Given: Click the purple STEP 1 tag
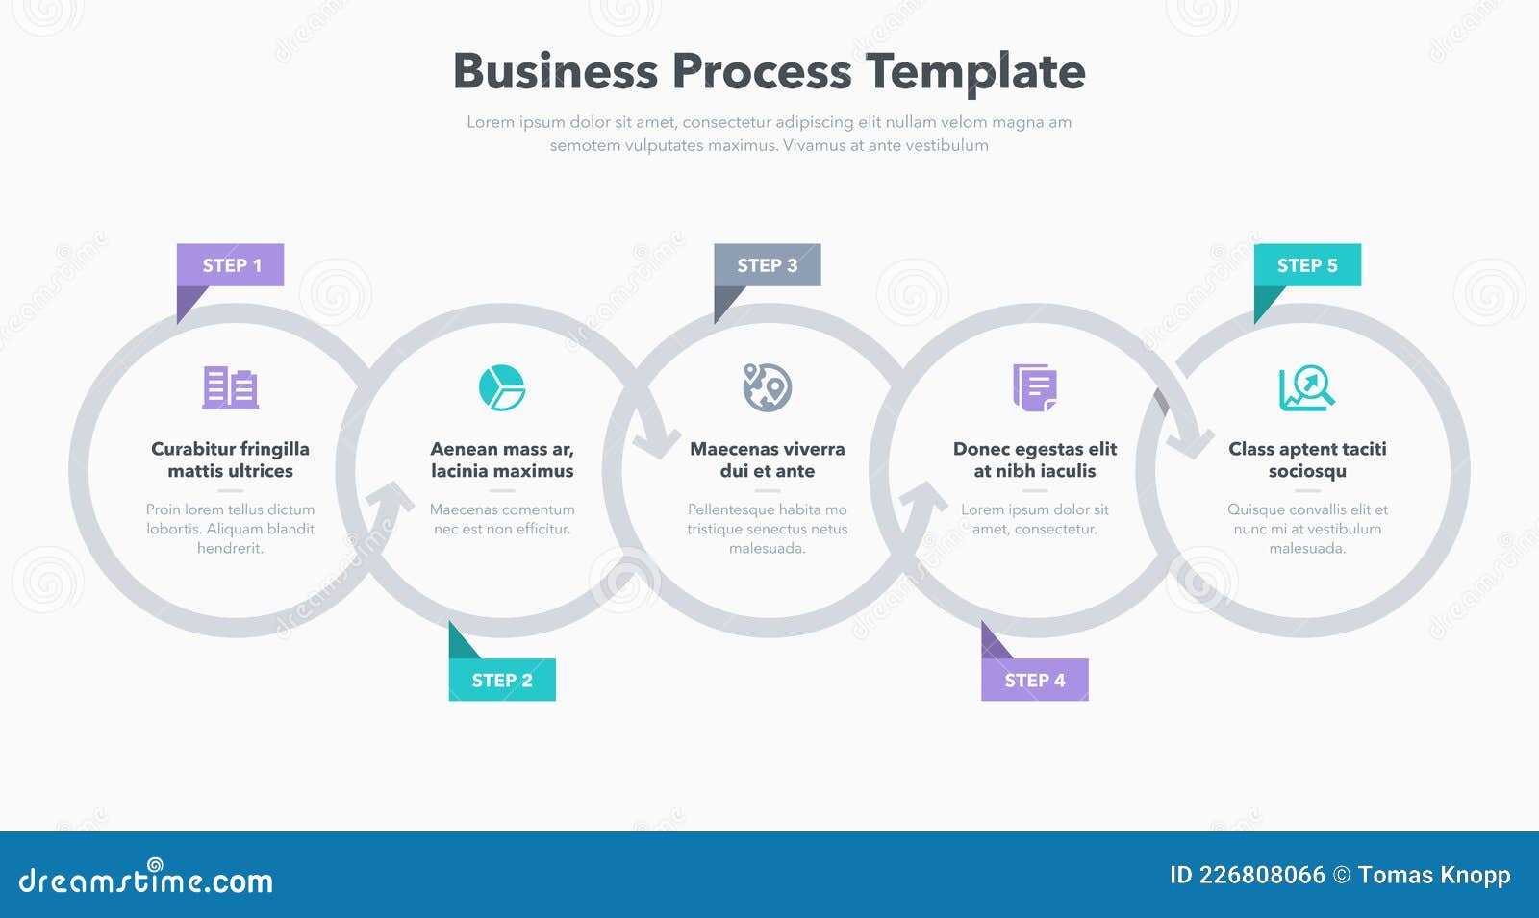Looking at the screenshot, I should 231,265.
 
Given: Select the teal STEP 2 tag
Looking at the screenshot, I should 502,680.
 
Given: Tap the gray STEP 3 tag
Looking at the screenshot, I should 768,265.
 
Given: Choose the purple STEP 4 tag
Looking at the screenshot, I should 1035,680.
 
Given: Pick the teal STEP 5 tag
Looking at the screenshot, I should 1307,265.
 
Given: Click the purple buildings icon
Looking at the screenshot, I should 230,388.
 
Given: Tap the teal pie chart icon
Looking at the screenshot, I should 502,387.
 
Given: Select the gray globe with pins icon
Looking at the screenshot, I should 767,387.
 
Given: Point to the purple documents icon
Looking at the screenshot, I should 1035,387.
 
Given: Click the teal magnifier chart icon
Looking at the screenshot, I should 1306,388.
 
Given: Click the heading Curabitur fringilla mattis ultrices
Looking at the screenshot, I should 230,459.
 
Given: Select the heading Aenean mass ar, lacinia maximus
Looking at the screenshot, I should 502,459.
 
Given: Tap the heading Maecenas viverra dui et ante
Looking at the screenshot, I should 768,459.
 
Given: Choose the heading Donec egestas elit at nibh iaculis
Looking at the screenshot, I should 1035,459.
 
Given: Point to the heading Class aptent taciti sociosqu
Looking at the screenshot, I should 1307,459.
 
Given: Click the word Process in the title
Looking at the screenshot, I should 761,71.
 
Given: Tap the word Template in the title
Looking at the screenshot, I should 975,71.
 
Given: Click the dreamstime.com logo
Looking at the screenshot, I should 146,879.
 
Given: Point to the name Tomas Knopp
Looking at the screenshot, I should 1434,875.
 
